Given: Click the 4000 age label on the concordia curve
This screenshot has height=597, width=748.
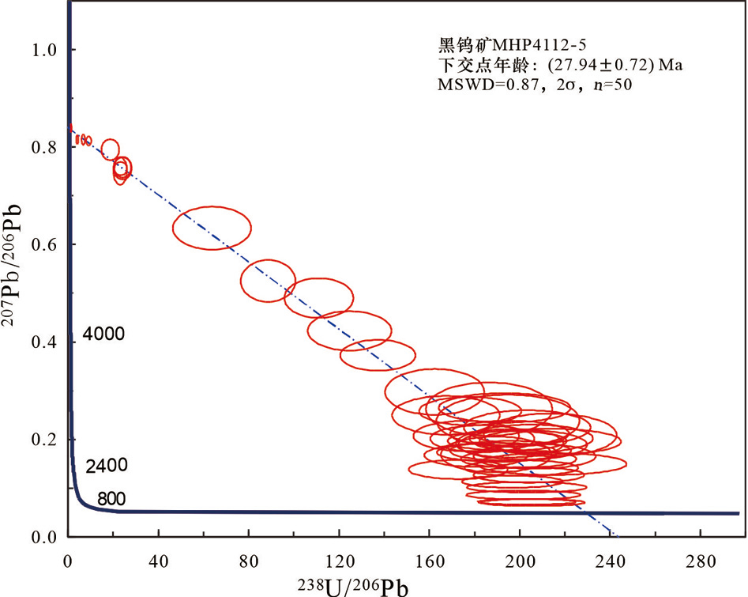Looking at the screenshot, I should [104, 334].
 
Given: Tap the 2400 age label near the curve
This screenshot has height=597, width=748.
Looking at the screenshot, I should [107, 466].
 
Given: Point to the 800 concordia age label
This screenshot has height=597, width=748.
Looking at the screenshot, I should [111, 499].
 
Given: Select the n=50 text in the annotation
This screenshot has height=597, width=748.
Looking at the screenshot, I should [611, 85].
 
